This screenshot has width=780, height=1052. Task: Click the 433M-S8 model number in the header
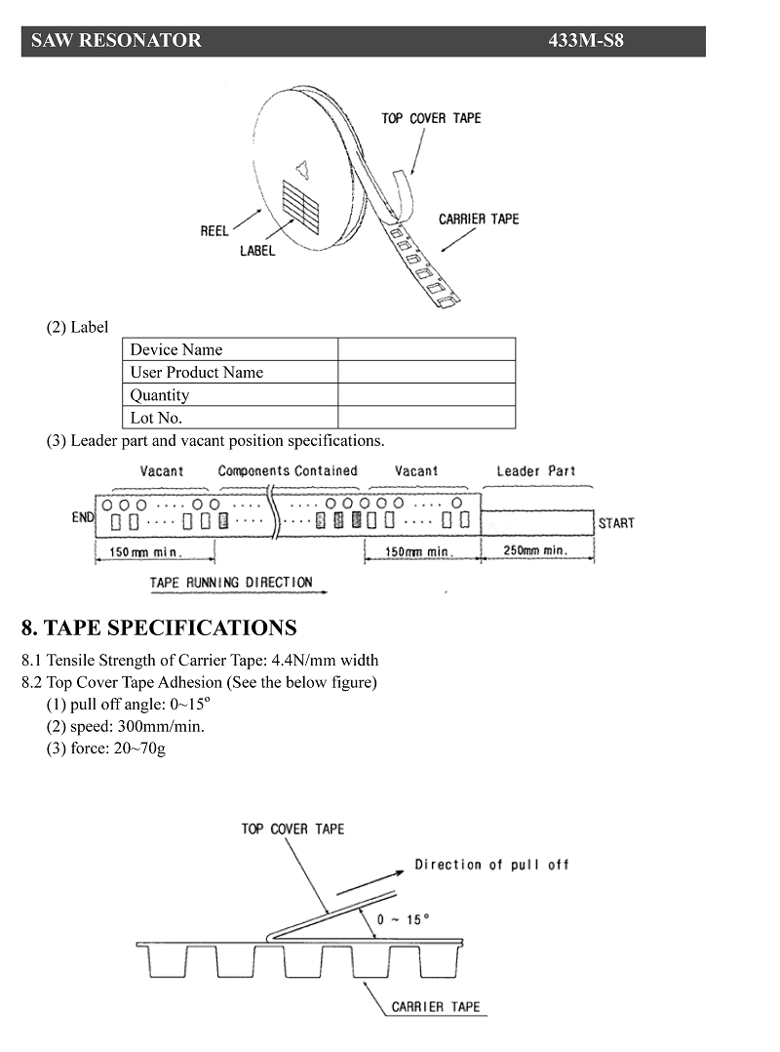586,40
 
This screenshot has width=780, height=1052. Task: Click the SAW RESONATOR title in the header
116,40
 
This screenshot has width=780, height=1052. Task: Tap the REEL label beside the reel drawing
214,230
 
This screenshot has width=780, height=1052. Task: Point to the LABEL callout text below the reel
257,250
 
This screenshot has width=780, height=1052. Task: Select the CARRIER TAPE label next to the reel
479,220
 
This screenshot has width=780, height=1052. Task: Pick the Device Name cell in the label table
230,349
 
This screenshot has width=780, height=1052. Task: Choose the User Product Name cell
230,373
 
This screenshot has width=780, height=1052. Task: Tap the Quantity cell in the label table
230,395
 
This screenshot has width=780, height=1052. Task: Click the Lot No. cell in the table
230,418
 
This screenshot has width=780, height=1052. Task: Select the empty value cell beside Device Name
427,349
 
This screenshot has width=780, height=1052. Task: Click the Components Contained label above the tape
288,471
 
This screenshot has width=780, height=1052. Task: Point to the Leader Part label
536,471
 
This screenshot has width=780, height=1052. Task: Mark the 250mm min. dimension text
536,550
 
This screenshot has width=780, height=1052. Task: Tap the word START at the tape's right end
616,523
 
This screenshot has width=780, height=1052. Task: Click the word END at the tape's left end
83,517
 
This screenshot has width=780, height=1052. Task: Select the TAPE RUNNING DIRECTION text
231,583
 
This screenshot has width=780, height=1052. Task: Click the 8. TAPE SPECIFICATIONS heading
159,628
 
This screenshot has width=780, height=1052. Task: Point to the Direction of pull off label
491,865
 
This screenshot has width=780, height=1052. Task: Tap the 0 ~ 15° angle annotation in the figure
403,919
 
